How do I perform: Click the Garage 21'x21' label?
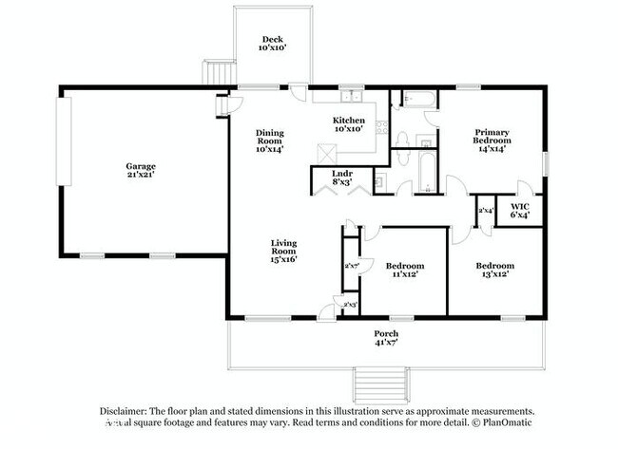click(x=140, y=170)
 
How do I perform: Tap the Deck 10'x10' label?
click(x=274, y=43)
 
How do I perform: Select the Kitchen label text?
click(x=348, y=123)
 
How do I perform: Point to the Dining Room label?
click(x=270, y=140)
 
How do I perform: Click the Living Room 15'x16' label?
click(x=284, y=250)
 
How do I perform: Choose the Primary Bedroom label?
click(x=492, y=139)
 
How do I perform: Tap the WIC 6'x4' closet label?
click(x=519, y=211)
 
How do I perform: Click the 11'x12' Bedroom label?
click(x=404, y=270)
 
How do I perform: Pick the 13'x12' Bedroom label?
click(x=494, y=270)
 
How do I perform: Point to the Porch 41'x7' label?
click(x=385, y=339)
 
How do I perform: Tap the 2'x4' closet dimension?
click(x=486, y=211)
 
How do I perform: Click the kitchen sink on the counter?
click(x=352, y=95)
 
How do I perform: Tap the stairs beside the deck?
click(x=222, y=72)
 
